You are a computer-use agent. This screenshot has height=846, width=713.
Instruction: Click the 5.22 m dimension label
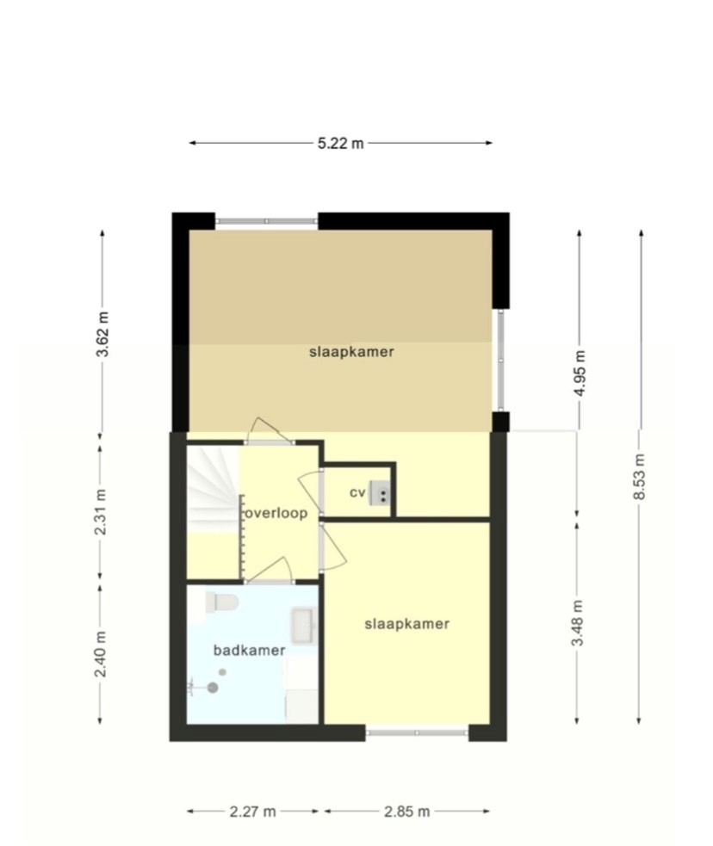tap(341, 144)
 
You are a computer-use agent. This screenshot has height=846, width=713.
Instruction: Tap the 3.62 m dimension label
tap(102, 334)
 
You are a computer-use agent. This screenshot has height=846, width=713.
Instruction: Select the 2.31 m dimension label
tap(101, 511)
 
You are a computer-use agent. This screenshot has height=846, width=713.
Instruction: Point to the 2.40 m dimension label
tap(101, 654)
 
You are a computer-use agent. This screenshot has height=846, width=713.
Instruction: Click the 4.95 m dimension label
tap(580, 374)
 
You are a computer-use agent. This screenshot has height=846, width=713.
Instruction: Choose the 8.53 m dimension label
tap(640, 477)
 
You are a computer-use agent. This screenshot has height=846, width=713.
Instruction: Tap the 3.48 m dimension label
tap(578, 622)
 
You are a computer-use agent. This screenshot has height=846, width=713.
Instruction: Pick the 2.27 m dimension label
tap(252, 812)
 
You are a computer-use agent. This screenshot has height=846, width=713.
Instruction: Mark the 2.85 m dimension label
tap(407, 812)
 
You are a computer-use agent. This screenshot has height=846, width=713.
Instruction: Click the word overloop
tap(276, 513)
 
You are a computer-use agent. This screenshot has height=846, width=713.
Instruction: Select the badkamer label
tap(250, 650)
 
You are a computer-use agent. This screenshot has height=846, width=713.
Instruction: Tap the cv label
tap(357, 492)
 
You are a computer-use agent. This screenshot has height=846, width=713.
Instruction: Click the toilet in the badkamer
tap(222, 603)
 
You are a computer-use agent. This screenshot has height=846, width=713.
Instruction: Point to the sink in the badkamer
tap(304, 626)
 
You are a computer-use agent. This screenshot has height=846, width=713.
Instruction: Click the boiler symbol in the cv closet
tap(380, 493)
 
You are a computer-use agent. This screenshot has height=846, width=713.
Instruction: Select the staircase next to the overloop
tap(214, 488)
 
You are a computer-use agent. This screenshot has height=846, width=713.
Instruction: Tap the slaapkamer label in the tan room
tap(351, 352)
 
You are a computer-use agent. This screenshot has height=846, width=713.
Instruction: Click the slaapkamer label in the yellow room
tap(407, 624)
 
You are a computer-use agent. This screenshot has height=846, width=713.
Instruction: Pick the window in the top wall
tap(267, 220)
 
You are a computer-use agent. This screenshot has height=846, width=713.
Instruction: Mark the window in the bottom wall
tap(417, 732)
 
